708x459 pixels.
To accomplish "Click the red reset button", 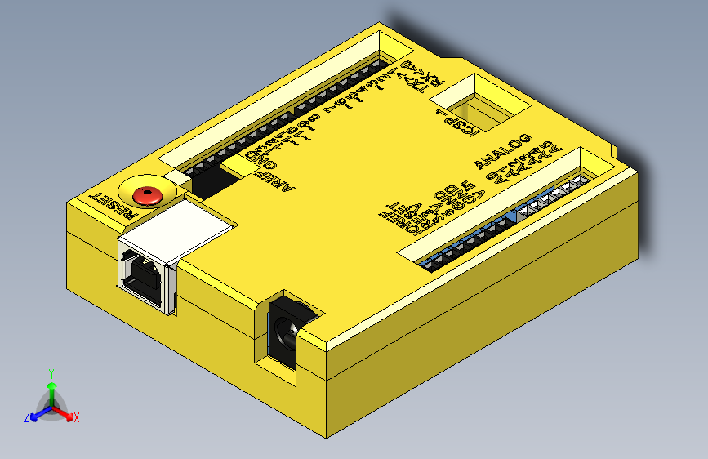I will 147,194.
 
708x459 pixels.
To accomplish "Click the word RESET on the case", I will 114,206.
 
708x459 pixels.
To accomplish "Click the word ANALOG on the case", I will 504,149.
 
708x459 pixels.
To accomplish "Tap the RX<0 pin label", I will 428,74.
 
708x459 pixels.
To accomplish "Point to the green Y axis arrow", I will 51,388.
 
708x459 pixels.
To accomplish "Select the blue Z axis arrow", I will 37,414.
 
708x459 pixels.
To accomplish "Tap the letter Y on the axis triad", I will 51,372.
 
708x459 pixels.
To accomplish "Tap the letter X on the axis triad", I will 77,418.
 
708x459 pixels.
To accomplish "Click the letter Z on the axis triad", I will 27,417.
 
